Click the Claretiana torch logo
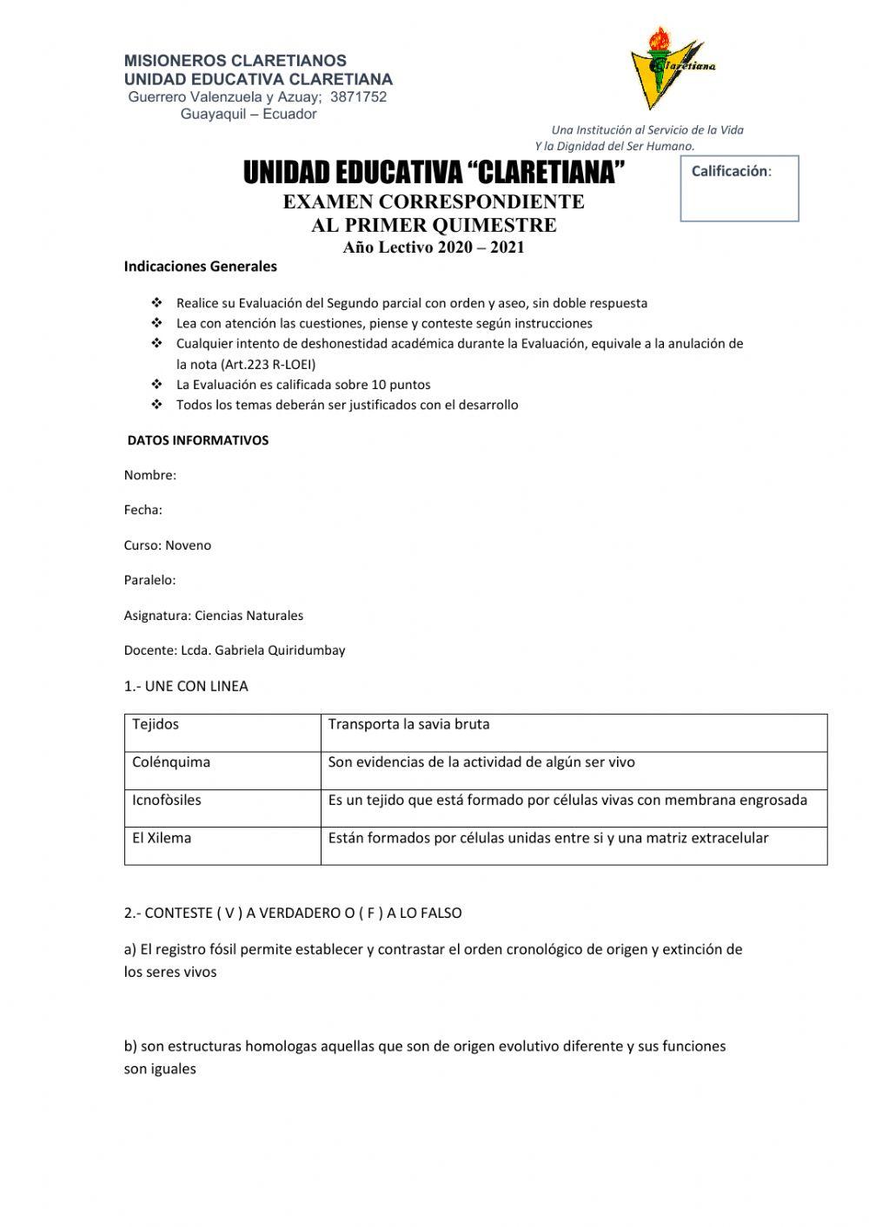pos(667,68)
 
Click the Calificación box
pos(739,188)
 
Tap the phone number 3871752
pos(358,96)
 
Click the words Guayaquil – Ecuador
pos(249,115)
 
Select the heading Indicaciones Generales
pos(201,267)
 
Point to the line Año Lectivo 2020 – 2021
pos(434,247)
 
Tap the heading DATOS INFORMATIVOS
pos(198,440)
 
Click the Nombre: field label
pos(150,475)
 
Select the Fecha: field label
pos(143,510)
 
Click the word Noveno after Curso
pos(189,545)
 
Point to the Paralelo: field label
pos(150,580)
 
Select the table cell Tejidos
pos(156,724)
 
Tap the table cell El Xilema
pos(162,838)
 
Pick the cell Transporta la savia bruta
pos(408,724)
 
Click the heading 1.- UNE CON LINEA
pos(186,686)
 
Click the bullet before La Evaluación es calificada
pos(156,384)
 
